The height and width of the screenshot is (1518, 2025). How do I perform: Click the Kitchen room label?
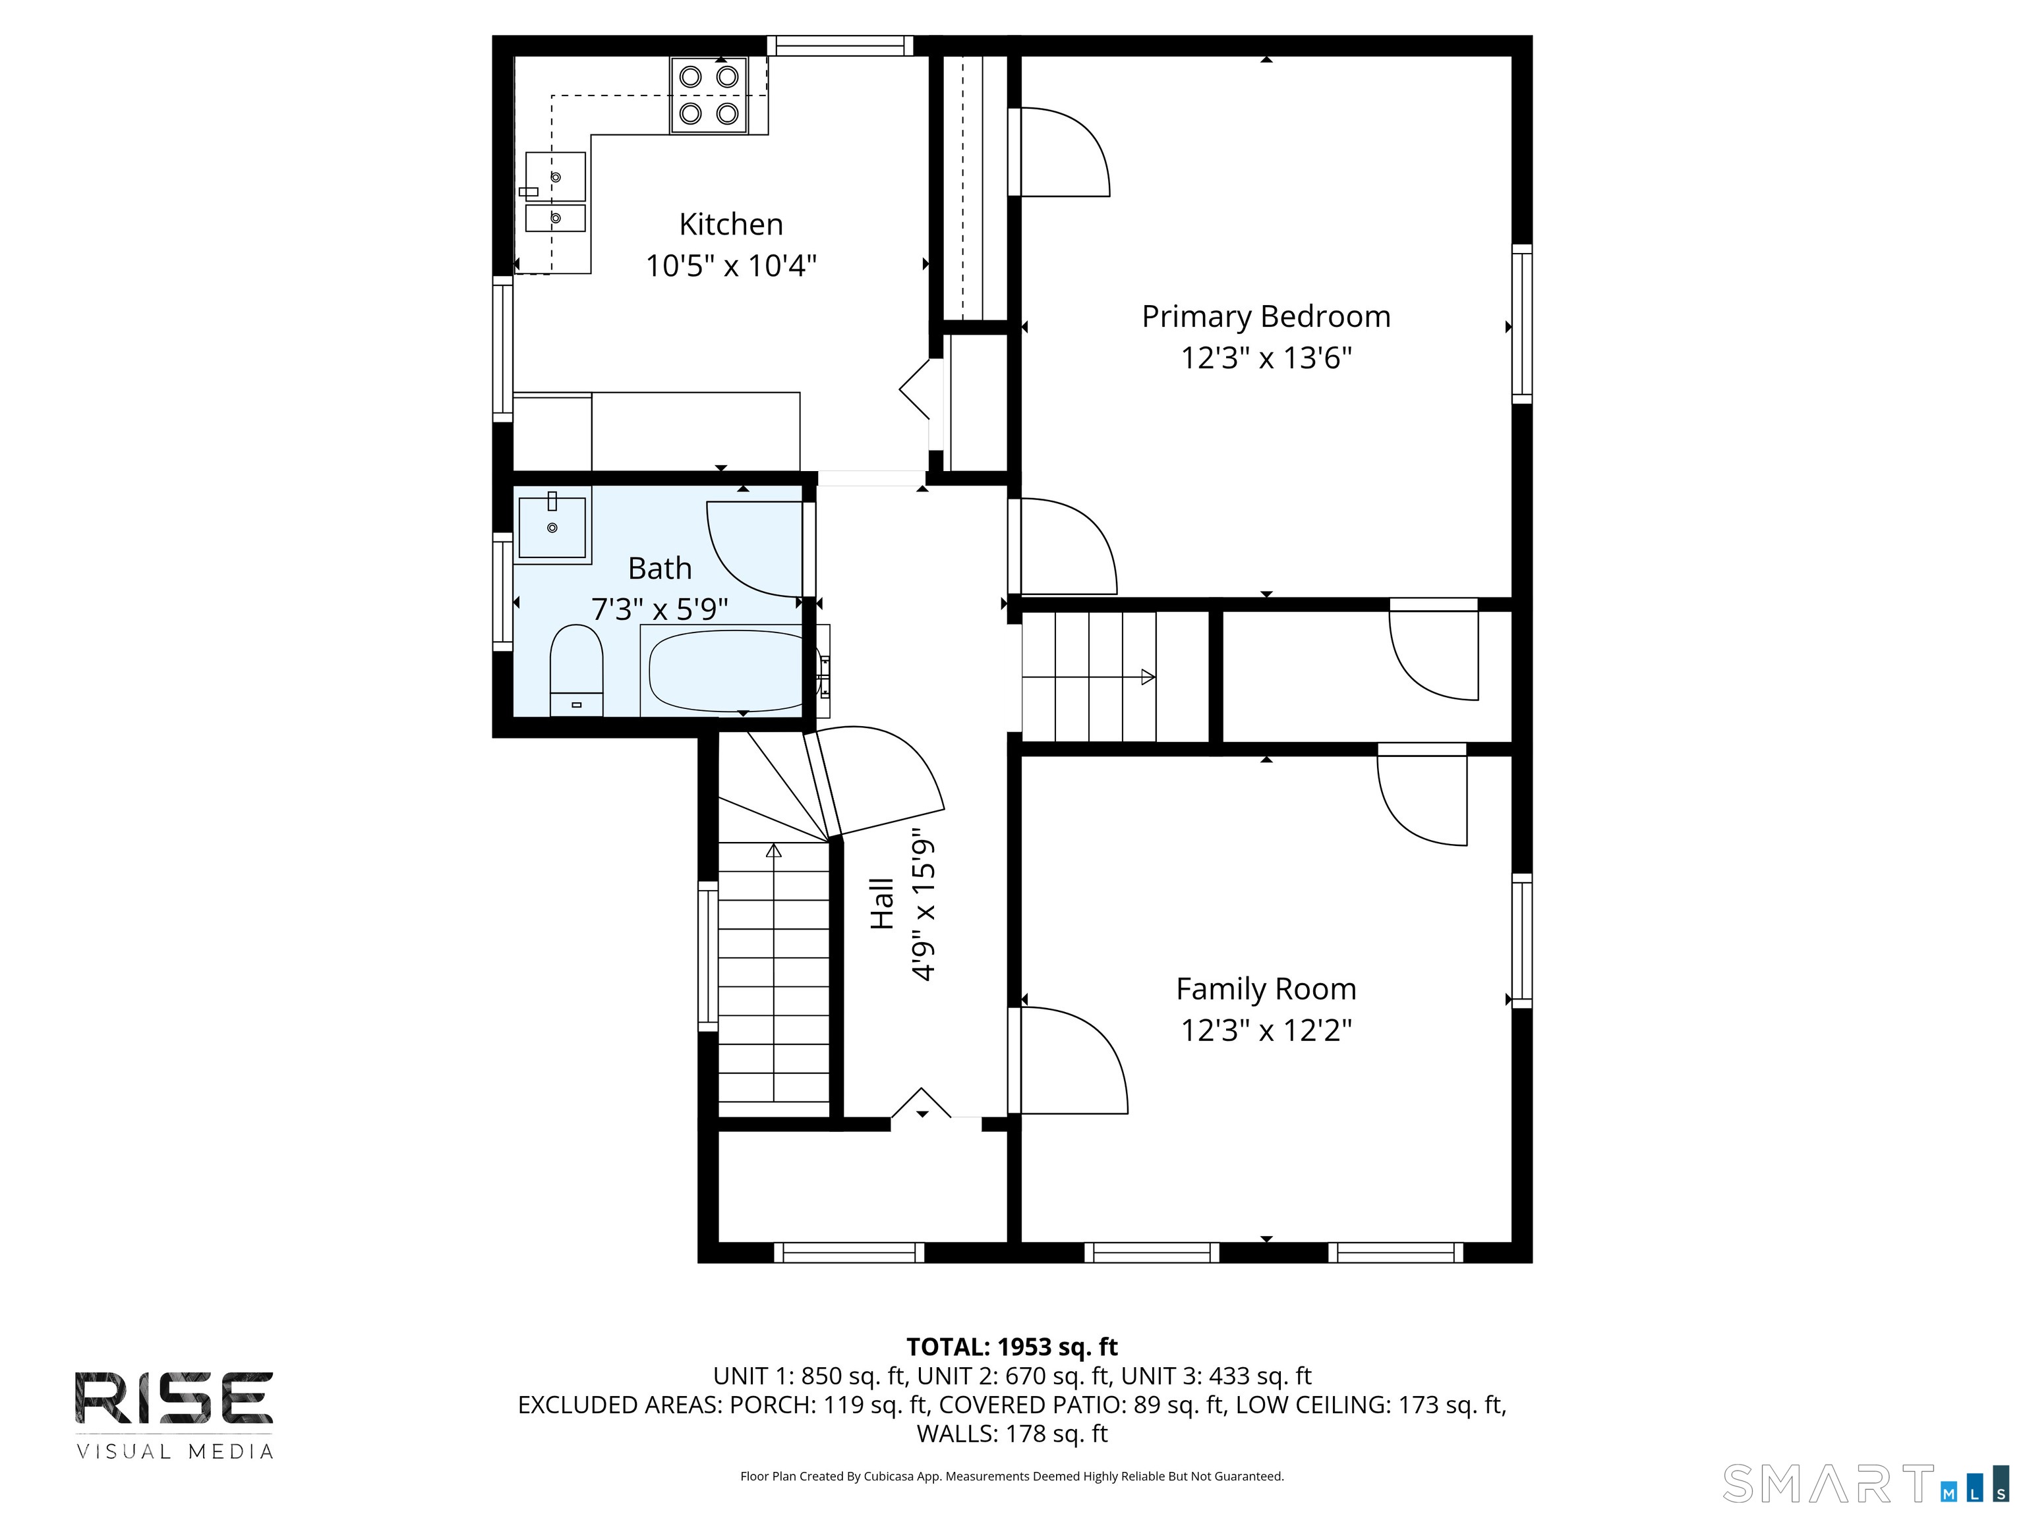[x=730, y=224]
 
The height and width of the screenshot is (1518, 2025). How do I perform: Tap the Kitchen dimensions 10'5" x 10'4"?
[x=730, y=266]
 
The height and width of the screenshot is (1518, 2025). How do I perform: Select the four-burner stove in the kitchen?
[x=709, y=95]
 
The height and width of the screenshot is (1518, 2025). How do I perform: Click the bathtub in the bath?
[x=728, y=671]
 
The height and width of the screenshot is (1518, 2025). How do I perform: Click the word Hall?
[x=881, y=904]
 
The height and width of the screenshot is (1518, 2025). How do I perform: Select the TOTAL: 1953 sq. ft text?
[x=1012, y=1347]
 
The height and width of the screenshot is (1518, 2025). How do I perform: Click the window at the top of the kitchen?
[x=840, y=45]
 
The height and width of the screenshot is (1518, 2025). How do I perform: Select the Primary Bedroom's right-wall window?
[x=1521, y=324]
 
